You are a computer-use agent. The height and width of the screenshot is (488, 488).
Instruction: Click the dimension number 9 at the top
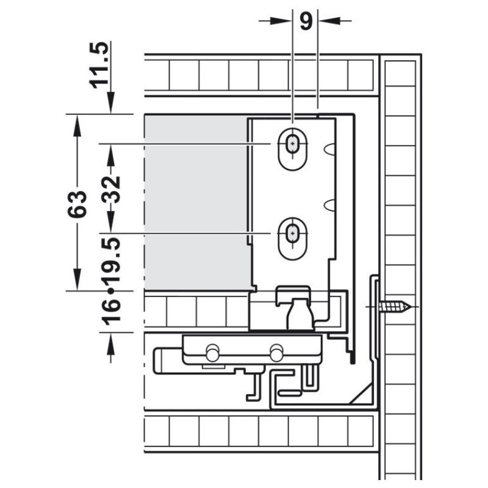(x=306, y=21)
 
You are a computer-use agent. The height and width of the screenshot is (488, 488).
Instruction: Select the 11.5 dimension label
(x=99, y=65)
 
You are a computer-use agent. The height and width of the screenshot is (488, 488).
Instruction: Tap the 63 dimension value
(x=77, y=204)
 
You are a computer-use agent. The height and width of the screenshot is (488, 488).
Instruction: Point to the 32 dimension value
(x=111, y=190)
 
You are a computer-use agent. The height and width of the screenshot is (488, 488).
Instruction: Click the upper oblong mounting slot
(x=292, y=149)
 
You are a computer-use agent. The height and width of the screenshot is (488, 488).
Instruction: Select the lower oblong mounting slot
(x=292, y=239)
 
